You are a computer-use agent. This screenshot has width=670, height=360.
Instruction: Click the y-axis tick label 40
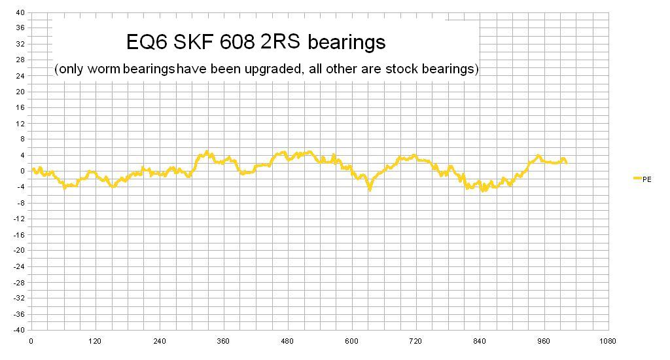click(x=20, y=12)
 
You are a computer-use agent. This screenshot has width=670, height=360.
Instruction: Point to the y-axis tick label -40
click(x=20, y=330)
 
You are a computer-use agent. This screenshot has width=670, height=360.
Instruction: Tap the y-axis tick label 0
click(x=23, y=171)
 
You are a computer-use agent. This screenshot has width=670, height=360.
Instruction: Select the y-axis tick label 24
click(x=20, y=76)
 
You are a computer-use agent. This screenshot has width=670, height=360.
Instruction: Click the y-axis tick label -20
click(x=20, y=250)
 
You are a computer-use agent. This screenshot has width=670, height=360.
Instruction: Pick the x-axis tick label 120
click(x=95, y=341)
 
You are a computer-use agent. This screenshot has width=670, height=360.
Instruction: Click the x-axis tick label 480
click(x=287, y=341)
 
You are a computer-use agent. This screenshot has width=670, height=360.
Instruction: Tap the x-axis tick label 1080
click(x=608, y=341)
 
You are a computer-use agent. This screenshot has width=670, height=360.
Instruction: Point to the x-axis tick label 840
click(x=480, y=341)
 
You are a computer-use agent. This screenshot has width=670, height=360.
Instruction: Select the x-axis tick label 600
click(x=351, y=341)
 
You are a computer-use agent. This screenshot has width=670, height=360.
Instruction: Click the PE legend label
click(x=647, y=179)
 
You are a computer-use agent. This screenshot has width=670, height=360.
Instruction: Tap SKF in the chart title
click(x=197, y=43)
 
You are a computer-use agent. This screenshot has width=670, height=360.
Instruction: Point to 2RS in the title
click(x=283, y=43)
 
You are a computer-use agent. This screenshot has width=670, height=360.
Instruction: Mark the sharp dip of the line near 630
click(x=370, y=188)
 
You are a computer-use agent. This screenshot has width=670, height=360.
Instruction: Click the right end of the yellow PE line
click(x=566, y=162)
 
